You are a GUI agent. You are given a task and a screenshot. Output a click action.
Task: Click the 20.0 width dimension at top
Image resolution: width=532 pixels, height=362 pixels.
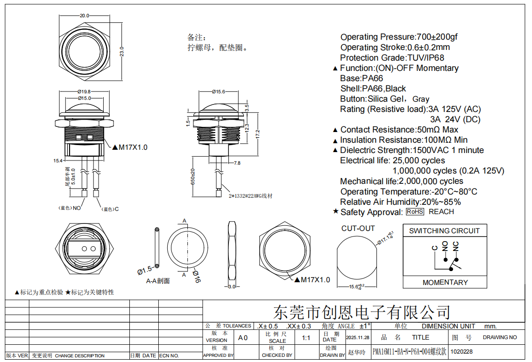click(85, 16)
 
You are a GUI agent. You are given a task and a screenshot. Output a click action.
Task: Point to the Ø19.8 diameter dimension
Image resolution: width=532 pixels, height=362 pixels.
click(84, 92)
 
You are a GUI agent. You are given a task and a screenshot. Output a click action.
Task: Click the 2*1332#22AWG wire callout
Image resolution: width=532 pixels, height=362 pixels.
click(250, 196)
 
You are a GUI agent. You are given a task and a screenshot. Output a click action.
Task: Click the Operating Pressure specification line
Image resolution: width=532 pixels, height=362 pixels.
click(399, 37)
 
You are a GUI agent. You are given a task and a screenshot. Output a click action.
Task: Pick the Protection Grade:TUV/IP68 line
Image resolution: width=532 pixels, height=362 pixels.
click(392, 58)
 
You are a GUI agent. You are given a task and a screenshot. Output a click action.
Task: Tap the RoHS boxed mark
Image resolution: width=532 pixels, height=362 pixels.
click(415, 212)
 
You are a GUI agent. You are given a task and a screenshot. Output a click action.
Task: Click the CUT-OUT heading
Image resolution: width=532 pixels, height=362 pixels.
click(358, 229)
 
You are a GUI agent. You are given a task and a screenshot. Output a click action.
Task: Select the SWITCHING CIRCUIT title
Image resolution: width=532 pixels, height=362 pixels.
click(444, 230)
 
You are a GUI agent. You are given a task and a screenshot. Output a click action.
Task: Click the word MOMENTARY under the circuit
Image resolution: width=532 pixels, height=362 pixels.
click(445, 282)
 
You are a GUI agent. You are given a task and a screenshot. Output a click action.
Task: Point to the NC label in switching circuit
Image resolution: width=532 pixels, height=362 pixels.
click(456, 246)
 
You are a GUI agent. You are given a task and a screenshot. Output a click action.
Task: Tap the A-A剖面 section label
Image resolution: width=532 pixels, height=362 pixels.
click(158, 281)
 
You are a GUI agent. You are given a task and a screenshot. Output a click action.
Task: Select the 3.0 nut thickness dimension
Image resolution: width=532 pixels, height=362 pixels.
click(232, 287)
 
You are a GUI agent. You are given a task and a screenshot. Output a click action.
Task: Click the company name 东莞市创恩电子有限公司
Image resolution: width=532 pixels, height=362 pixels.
click(362, 312)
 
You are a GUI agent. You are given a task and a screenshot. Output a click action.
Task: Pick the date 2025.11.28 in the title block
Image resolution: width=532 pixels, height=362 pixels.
click(358, 337)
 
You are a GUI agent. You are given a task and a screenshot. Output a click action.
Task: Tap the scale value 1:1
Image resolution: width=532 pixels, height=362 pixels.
click(306, 338)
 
